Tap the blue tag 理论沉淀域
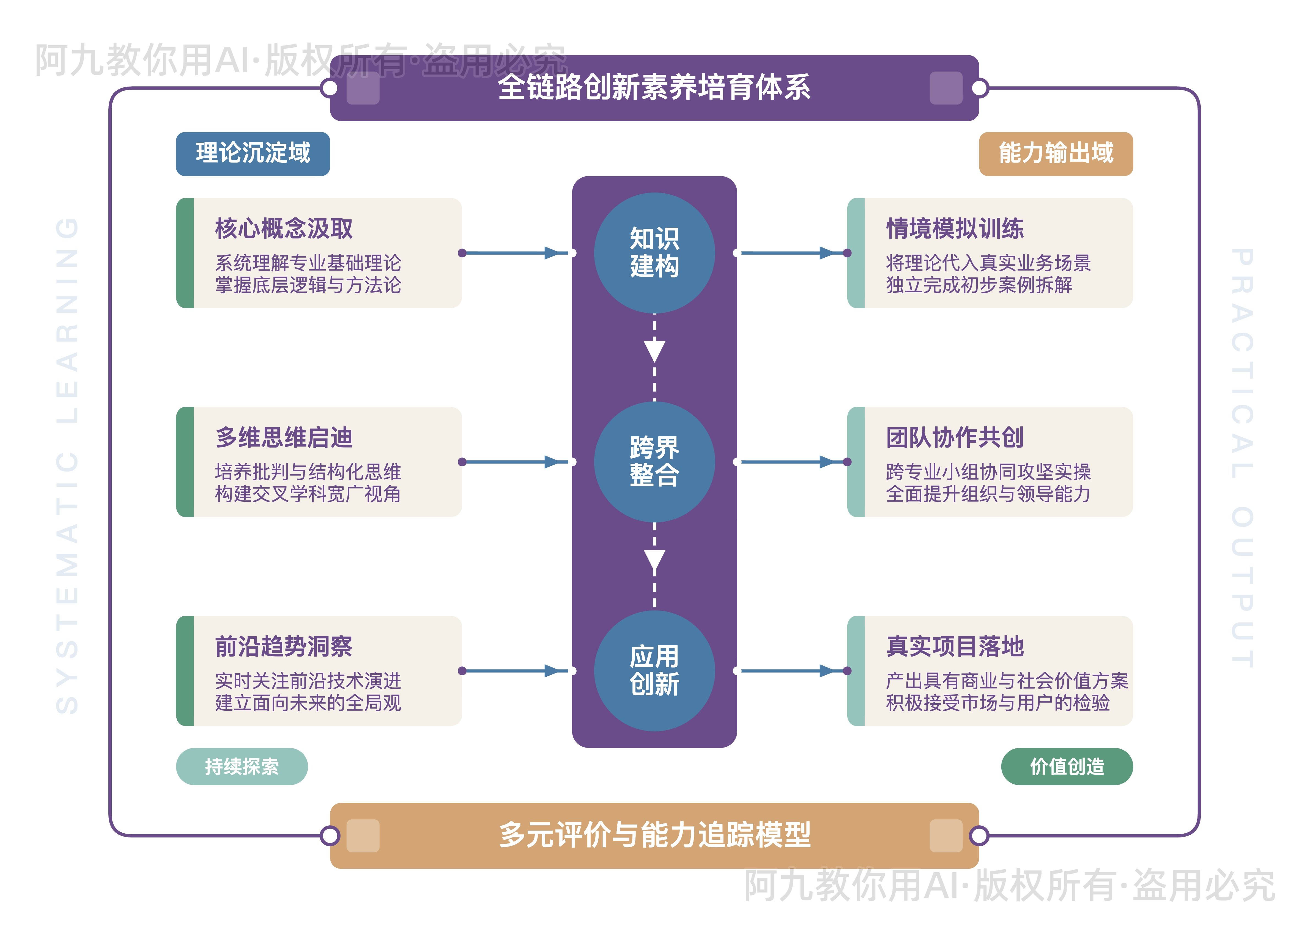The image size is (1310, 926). point(253,153)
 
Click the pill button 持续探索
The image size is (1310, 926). point(242,766)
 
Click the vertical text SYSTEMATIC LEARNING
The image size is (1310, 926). point(67,465)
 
